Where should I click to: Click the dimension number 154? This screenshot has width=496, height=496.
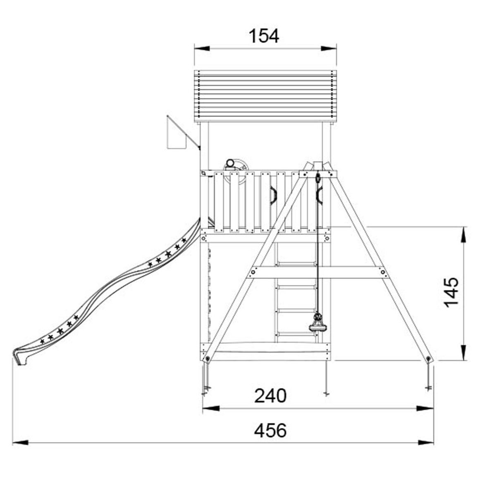pyautogui.click(x=264, y=36)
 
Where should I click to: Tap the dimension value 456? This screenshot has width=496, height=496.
pyautogui.click(x=270, y=430)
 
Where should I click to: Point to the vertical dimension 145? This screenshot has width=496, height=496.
pyautogui.click(x=452, y=292)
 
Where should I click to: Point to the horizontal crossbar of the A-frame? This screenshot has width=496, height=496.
pyautogui.click(x=317, y=272)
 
